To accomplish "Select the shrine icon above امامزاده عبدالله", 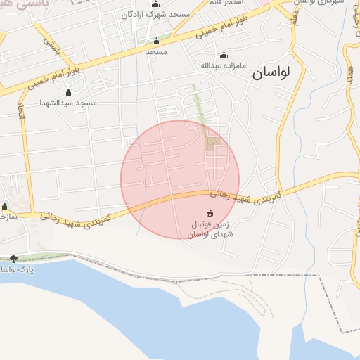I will (x=224, y=56).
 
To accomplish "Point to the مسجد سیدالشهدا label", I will (x=87, y=103).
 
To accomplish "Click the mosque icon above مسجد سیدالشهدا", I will (x=68, y=93).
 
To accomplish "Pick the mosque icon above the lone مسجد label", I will (x=155, y=41).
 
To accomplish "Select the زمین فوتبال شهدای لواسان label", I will (x=209, y=229).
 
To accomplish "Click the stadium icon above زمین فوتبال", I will (x=209, y=213).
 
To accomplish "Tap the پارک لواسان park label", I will (x=17, y=269).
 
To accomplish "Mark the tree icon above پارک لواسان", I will (x=14, y=259).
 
